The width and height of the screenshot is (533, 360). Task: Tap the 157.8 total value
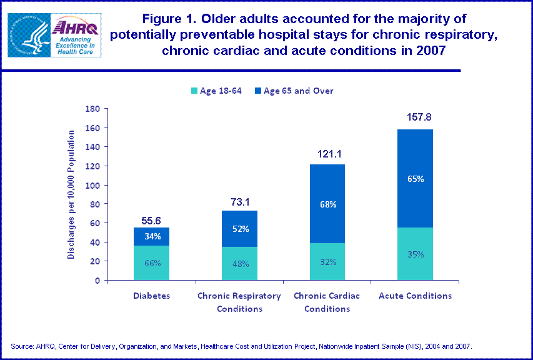[x=415, y=117]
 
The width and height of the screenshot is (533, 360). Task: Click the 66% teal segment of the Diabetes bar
[x=151, y=263]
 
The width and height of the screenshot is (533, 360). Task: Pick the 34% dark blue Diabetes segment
[x=151, y=236]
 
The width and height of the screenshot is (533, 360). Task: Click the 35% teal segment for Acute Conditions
[x=415, y=254]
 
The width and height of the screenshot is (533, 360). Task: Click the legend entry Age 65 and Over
[x=293, y=91]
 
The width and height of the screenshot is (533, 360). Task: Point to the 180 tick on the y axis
[x=92, y=109]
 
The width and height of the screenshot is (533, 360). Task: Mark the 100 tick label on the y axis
[x=92, y=185]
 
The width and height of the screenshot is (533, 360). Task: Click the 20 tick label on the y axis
[x=95, y=261]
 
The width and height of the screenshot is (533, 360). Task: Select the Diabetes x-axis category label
[x=151, y=296]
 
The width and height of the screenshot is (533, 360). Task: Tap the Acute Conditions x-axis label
[x=415, y=296]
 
